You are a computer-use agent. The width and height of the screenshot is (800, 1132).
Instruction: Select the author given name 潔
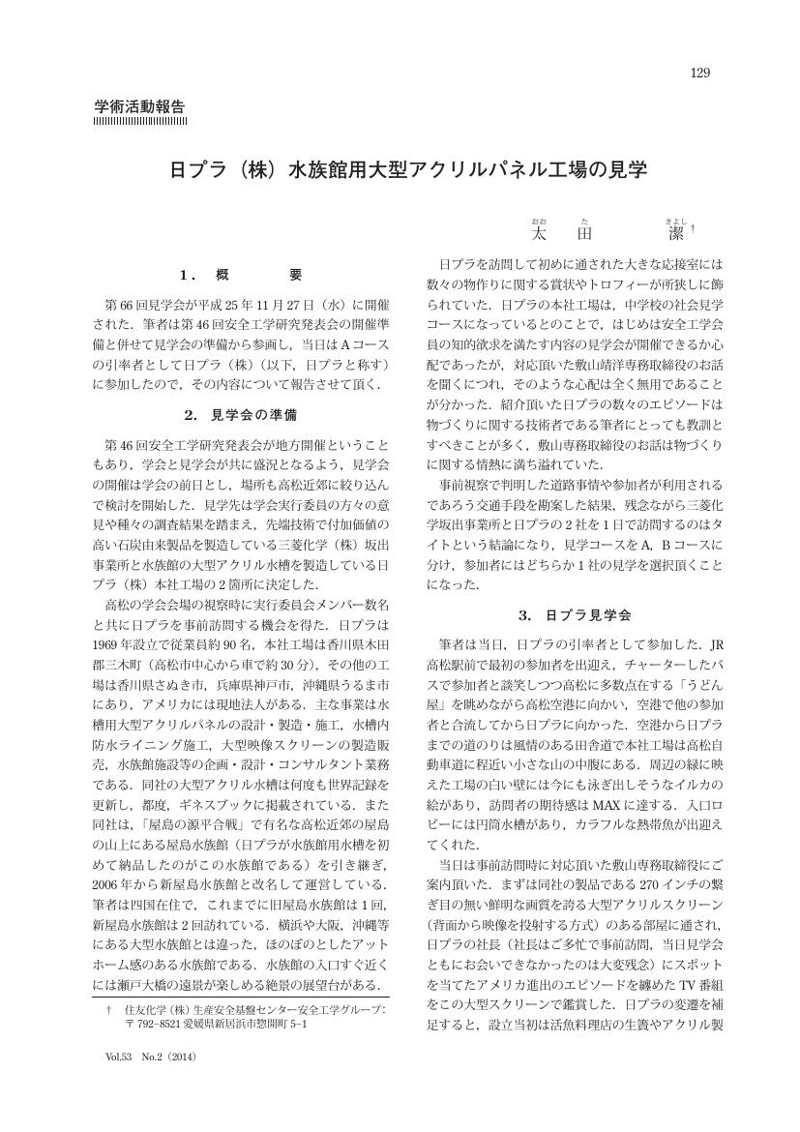point(676,233)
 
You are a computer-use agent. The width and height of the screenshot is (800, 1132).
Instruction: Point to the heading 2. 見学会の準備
point(240,414)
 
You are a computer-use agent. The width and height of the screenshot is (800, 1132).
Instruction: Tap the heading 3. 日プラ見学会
point(574,614)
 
